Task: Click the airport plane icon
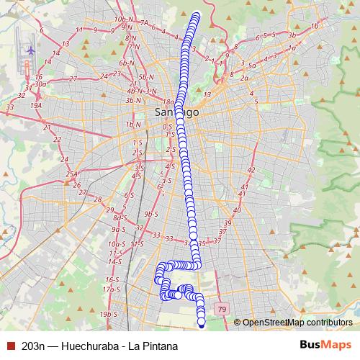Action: point(30,50)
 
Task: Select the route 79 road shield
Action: point(222,309)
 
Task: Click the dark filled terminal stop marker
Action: point(202,323)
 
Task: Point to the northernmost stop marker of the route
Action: point(197,14)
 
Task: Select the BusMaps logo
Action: point(326,345)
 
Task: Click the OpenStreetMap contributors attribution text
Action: point(297,322)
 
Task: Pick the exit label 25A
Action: point(71,174)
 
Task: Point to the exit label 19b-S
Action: point(109,314)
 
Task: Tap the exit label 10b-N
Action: point(124,18)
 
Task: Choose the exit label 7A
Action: point(144,23)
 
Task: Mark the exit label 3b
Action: point(292,35)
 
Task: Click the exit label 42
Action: point(251,169)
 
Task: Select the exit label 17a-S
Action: point(110,289)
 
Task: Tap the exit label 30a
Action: point(40,84)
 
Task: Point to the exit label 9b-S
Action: point(150,214)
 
